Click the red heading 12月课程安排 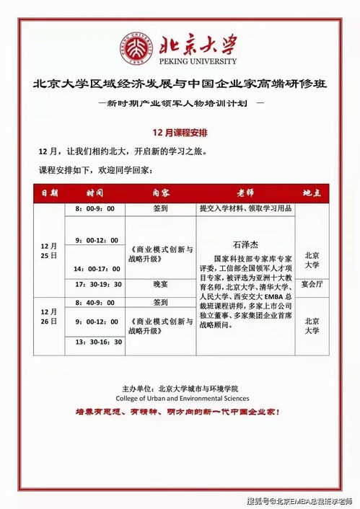click(x=180, y=133)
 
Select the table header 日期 click(x=49, y=193)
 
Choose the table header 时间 click(x=95, y=193)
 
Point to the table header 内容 click(x=160, y=193)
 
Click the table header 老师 click(x=245, y=193)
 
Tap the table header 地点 click(x=312, y=193)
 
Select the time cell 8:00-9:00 click(x=95, y=208)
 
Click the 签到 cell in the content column click(x=160, y=208)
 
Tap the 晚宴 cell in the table click(x=160, y=285)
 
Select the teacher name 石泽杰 click(x=245, y=244)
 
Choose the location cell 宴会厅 click(x=312, y=283)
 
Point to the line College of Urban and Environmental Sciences click(x=182, y=398)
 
